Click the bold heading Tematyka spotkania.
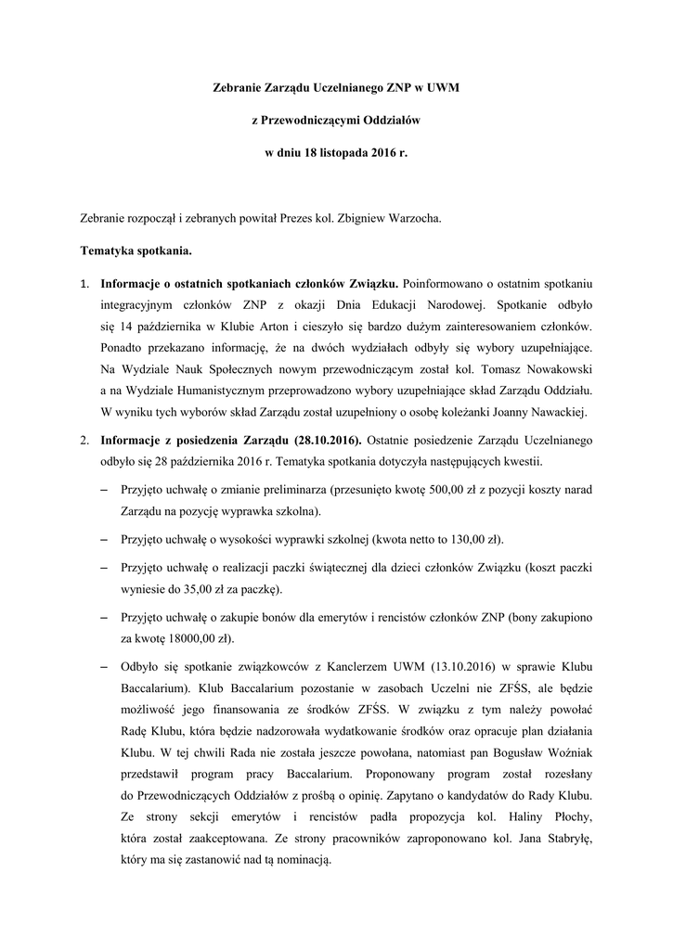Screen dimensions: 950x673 coord(136,250)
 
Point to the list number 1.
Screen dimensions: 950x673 coord(84,283)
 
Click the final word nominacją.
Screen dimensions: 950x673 coord(299,859)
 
